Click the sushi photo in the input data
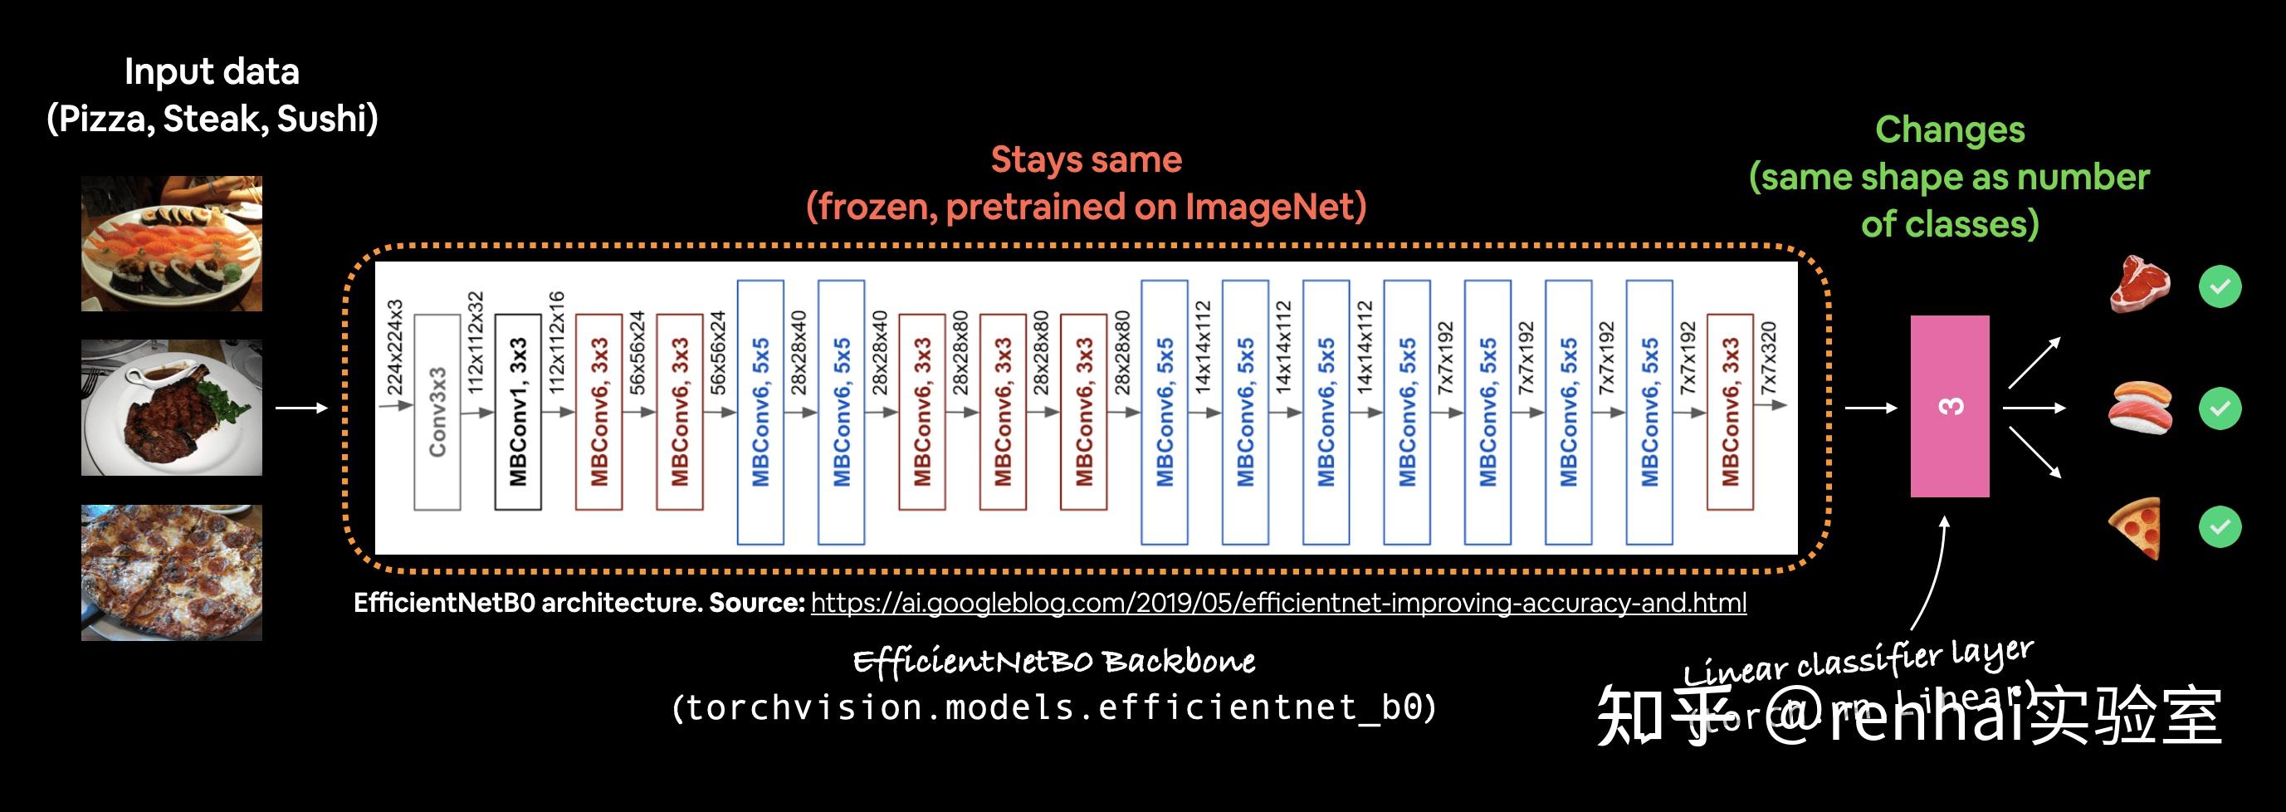pyautogui.click(x=171, y=243)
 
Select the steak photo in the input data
pyautogui.click(x=171, y=408)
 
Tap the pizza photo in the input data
pyautogui.click(x=171, y=572)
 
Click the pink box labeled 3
pyautogui.click(x=1949, y=407)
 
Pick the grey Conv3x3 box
pyautogui.click(x=437, y=412)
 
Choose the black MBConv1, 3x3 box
pyautogui.click(x=518, y=412)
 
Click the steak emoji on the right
pyautogui.click(x=2139, y=285)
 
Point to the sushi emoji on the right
pyautogui.click(x=2141, y=408)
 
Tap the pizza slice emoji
pyautogui.click(x=2137, y=527)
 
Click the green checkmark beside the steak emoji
pyautogui.click(x=2220, y=286)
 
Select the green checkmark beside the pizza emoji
pyautogui.click(x=2220, y=527)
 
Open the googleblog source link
pyautogui.click(x=1278, y=604)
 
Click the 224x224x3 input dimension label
pyautogui.click(x=395, y=347)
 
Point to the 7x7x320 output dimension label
pyautogui.click(x=1769, y=358)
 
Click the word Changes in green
pyautogui.click(x=1950, y=130)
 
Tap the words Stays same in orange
pyautogui.click(x=1087, y=160)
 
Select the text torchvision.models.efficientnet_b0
pyautogui.click(x=1053, y=708)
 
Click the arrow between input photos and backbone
pyautogui.click(x=301, y=408)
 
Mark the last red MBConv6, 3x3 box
pyautogui.click(x=1730, y=412)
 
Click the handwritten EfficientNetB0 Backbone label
pyautogui.click(x=1053, y=662)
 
